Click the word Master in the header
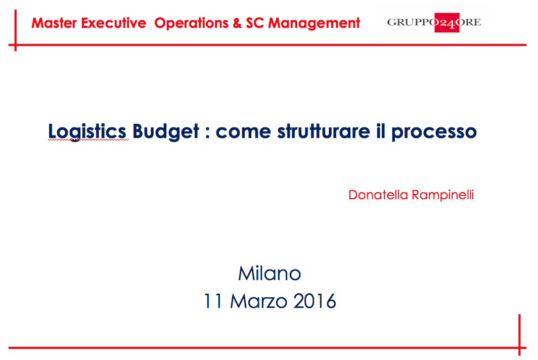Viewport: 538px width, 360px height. pyautogui.click(x=54, y=23)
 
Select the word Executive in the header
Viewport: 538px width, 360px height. pyautogui.click(x=114, y=23)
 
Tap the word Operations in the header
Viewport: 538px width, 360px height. pyautogui.click(x=191, y=23)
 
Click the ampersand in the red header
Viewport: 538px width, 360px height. pyautogui.click(x=237, y=23)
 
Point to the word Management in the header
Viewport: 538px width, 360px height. pyautogui.click(x=314, y=23)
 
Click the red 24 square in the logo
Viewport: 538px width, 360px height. pyautogui.click(x=447, y=23)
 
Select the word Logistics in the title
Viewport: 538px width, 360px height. pyautogui.click(x=87, y=131)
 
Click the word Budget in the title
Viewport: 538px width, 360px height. pyautogui.click(x=166, y=131)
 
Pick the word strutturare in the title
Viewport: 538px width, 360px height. pyautogui.click(x=324, y=131)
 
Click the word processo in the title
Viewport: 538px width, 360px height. pyautogui.click(x=434, y=132)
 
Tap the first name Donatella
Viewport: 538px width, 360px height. pyautogui.click(x=378, y=195)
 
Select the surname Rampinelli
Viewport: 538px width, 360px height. pyautogui.click(x=443, y=195)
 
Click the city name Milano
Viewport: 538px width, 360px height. pyautogui.click(x=270, y=273)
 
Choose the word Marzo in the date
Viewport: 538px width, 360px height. pyautogui.click(x=259, y=301)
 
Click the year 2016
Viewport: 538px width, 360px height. pyautogui.click(x=315, y=301)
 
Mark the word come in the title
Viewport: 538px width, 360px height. pyautogui.click(x=243, y=132)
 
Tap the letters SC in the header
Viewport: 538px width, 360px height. pyautogui.click(x=255, y=23)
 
